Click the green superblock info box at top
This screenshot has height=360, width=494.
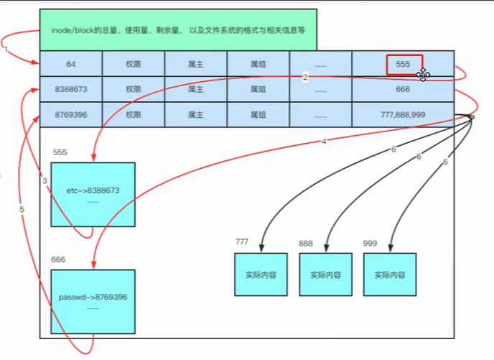tap(178, 30)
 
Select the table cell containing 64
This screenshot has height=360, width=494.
tap(71, 64)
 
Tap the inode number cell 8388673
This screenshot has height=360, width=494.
tap(71, 89)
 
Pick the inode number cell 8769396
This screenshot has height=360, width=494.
tap(71, 114)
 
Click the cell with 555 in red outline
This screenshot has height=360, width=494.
tap(404, 65)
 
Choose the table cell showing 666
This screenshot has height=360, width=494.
tap(403, 89)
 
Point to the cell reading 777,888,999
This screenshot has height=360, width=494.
tap(403, 114)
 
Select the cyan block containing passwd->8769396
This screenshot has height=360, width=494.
tap(93, 302)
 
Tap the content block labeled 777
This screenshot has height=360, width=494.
tap(256, 274)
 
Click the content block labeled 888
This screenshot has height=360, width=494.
tap(320, 274)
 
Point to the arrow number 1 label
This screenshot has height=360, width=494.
tap(5, 50)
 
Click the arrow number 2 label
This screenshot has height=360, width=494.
tap(305, 77)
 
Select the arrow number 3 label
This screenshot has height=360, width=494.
tap(45, 181)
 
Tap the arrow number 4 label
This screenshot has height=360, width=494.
tap(324, 142)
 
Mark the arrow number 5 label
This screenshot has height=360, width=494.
tap(22, 209)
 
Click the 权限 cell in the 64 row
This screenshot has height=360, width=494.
tap(134, 64)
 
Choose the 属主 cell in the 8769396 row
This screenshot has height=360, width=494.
tap(196, 114)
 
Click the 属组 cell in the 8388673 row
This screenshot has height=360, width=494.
tap(258, 89)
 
